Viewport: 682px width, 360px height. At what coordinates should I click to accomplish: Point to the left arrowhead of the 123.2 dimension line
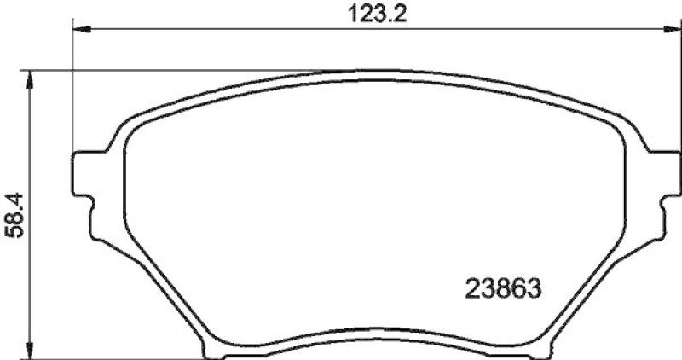pyautogui.click(x=78, y=30)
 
